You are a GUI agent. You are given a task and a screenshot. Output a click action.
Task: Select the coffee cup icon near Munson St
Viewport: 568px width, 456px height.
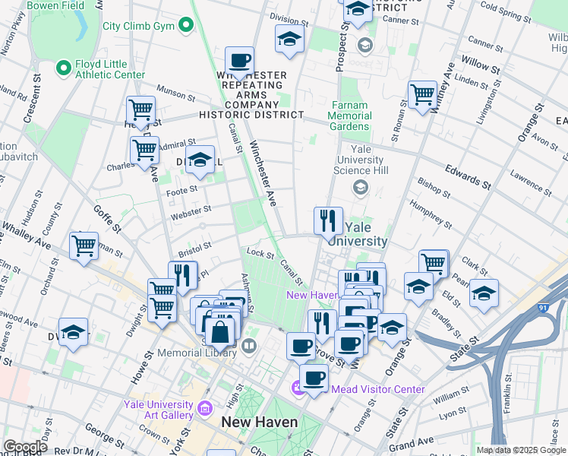(x=239, y=60)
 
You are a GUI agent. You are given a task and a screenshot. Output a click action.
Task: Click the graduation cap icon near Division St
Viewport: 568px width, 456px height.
(x=289, y=39)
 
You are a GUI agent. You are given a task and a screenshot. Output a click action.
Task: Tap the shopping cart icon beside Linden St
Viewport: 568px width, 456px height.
(x=422, y=95)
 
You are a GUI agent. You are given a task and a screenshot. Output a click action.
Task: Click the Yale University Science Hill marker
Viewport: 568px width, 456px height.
(x=361, y=187)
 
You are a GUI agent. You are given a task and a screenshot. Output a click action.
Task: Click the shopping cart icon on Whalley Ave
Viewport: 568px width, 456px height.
(x=84, y=245)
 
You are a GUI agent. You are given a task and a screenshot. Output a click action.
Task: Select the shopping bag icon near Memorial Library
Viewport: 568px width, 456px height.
(x=219, y=331)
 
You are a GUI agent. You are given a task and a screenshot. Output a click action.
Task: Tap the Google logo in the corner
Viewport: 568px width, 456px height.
(x=25, y=447)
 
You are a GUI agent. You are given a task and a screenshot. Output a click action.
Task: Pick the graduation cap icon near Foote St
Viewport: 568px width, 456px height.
(x=200, y=159)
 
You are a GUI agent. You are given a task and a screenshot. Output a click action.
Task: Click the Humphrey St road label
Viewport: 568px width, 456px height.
(x=431, y=214)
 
